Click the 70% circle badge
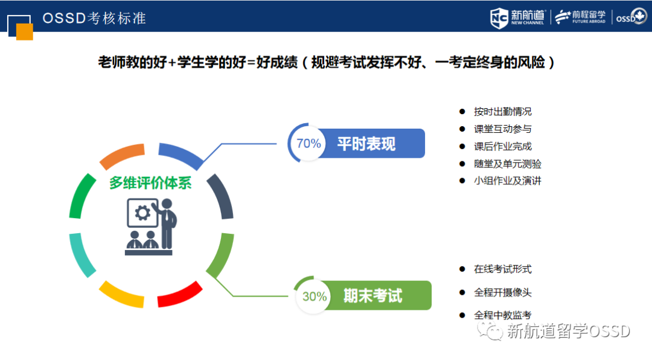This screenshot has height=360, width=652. coord(308,144)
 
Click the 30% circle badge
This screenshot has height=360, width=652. coord(315,296)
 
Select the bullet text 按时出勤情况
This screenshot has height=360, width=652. coord(502,112)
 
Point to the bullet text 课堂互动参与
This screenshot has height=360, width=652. coord(502,129)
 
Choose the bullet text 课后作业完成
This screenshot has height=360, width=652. coord(502,146)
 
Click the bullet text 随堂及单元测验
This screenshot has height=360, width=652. coord(507,164)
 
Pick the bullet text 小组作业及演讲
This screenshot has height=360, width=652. coord(507,181)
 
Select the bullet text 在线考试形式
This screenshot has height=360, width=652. coord(502,269)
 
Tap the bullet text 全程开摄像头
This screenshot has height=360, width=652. coord(502,292)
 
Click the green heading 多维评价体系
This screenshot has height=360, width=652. coord(150,182)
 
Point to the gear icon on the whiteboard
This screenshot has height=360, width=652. coord(142,213)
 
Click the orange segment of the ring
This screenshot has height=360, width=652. coord(123,156)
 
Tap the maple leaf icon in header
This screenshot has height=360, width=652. coord(639,17)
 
